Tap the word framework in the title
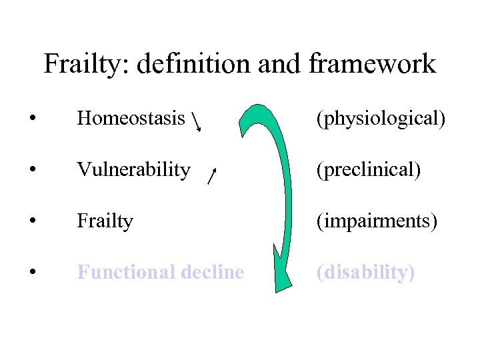(x=372, y=65)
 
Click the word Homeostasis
(x=131, y=119)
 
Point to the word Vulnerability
(x=133, y=170)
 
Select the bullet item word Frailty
(x=105, y=221)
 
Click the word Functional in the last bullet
(x=119, y=272)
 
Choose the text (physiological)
(x=381, y=119)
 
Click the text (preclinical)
(x=368, y=170)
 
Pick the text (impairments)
(x=377, y=221)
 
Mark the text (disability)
(x=365, y=272)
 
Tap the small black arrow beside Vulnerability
(x=211, y=176)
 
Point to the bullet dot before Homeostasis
(x=32, y=119)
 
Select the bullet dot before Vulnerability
(x=32, y=170)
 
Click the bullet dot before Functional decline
(x=32, y=272)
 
